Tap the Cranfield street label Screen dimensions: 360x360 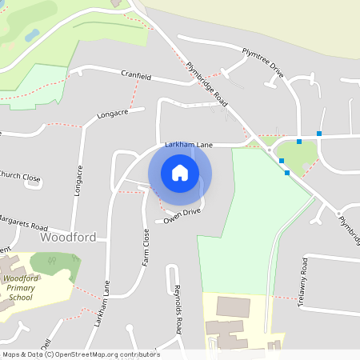click(x=136, y=74)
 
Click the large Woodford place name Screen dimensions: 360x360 click(x=68, y=238)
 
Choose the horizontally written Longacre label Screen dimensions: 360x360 click(x=113, y=114)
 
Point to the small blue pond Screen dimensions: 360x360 click(x=32, y=35)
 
